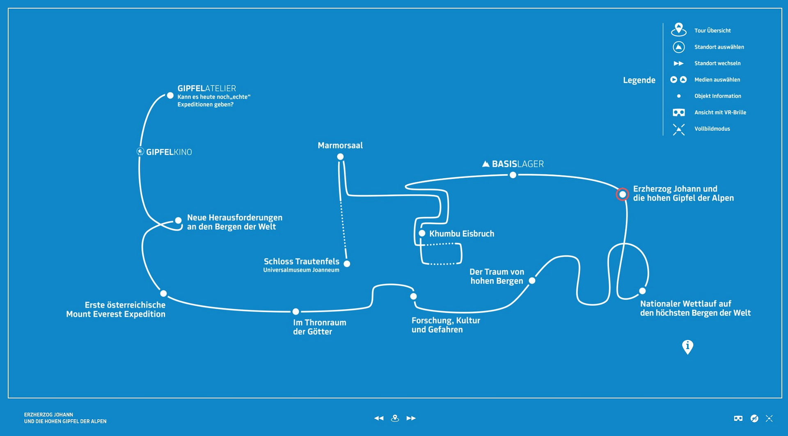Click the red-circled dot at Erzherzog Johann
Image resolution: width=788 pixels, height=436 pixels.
(x=623, y=194)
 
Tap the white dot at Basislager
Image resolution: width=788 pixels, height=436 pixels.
(x=513, y=175)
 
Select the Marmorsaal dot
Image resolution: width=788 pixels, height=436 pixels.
(x=340, y=157)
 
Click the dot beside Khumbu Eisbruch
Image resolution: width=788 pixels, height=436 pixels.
(x=422, y=234)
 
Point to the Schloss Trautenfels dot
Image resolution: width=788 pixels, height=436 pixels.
(x=347, y=264)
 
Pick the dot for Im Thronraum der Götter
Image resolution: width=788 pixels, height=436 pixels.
(x=295, y=312)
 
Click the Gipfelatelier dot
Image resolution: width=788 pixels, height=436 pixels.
(x=170, y=96)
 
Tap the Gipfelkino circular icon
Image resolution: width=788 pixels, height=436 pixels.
(x=140, y=151)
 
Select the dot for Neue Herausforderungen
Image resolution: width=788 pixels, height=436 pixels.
(x=178, y=220)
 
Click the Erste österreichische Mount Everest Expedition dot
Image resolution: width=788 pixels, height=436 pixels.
(x=163, y=294)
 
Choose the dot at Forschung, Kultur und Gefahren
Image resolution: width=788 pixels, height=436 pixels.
(x=413, y=296)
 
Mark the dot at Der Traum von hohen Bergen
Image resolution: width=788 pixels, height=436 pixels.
(x=532, y=281)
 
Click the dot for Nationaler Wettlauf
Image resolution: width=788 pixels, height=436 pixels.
(x=642, y=291)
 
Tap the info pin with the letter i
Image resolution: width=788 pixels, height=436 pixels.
(x=687, y=347)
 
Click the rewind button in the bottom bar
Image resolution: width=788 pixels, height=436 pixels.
(x=379, y=418)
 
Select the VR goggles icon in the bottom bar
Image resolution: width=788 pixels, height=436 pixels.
(x=738, y=418)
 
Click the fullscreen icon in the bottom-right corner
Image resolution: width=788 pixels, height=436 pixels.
(x=769, y=418)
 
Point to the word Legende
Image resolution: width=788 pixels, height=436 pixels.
(x=639, y=80)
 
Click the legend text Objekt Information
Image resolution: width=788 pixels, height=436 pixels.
(x=718, y=96)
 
